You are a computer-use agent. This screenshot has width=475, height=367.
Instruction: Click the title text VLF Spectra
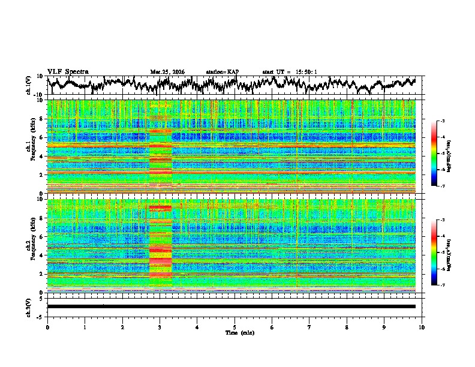(x=68, y=71)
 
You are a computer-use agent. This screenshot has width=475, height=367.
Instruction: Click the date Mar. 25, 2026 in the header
(x=167, y=72)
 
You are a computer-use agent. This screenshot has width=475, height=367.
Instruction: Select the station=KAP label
(x=222, y=72)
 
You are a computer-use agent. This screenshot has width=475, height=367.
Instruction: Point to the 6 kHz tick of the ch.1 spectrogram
(x=41, y=137)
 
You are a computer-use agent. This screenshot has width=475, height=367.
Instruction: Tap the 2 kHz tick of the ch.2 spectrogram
(x=41, y=274)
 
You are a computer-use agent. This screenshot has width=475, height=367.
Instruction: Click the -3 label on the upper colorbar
(x=442, y=121)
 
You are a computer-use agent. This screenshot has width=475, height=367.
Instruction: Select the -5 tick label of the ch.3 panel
(x=40, y=315)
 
